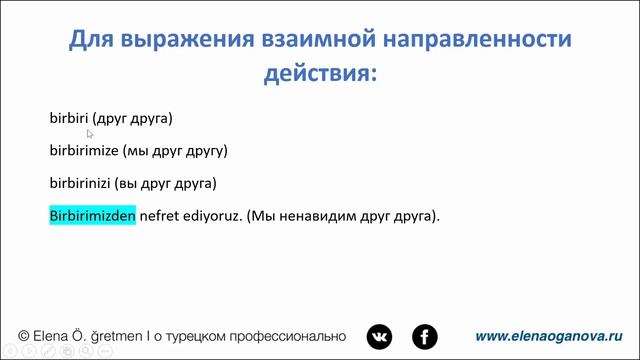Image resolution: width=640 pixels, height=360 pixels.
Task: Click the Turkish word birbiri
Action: click(69, 118)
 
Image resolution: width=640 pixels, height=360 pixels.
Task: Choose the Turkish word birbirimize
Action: click(85, 151)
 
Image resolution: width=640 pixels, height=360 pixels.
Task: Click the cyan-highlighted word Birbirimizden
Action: click(92, 215)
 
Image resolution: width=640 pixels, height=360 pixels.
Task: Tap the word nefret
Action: click(158, 215)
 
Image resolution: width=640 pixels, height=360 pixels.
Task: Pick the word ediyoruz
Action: click(211, 215)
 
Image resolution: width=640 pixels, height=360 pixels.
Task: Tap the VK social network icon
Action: click(379, 337)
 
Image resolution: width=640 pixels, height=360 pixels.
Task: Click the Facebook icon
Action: click(425, 337)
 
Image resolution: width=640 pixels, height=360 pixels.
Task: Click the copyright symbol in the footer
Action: click(24, 337)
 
